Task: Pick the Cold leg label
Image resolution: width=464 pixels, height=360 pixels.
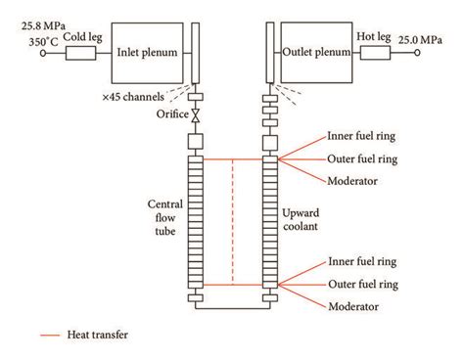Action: tap(83, 37)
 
